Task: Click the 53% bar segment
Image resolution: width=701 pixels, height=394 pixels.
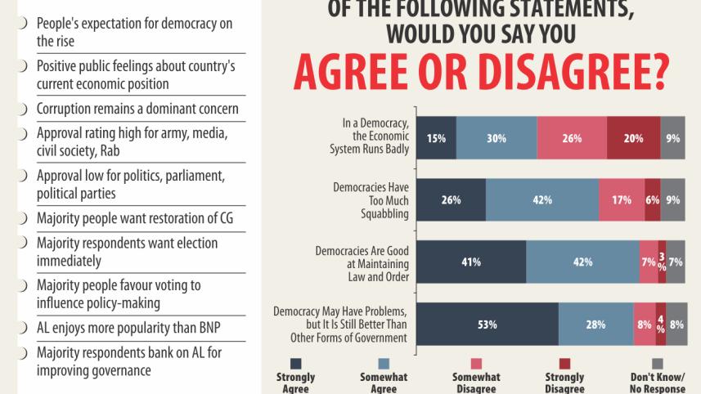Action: pos(488,325)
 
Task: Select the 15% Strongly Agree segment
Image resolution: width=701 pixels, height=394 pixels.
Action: pos(436,138)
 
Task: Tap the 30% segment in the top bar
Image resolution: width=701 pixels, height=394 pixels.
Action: pos(497,138)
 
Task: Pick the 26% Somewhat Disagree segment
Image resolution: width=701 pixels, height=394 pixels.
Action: pos(572,138)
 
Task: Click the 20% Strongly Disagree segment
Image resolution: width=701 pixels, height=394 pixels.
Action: pos(633,138)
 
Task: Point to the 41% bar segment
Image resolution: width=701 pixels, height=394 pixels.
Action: pos(471,262)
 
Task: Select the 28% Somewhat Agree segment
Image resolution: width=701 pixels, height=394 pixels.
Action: pos(595,325)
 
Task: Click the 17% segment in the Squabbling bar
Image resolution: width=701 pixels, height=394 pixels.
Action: pos(622,200)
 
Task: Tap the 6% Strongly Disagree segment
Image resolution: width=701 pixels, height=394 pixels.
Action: pos(652,200)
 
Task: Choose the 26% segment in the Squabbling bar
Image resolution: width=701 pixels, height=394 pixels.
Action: pos(451,200)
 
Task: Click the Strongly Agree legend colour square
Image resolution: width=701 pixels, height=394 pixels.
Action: pos(296,363)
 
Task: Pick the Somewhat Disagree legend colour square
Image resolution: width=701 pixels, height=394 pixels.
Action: pos(476,363)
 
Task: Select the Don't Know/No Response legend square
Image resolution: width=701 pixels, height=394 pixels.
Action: pos(657,363)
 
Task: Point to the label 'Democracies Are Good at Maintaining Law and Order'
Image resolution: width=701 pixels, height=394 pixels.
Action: pos(362,262)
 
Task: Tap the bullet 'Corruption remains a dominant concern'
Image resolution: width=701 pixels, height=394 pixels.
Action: pos(137,109)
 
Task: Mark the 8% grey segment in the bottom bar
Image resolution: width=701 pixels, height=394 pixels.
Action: pos(676,325)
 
